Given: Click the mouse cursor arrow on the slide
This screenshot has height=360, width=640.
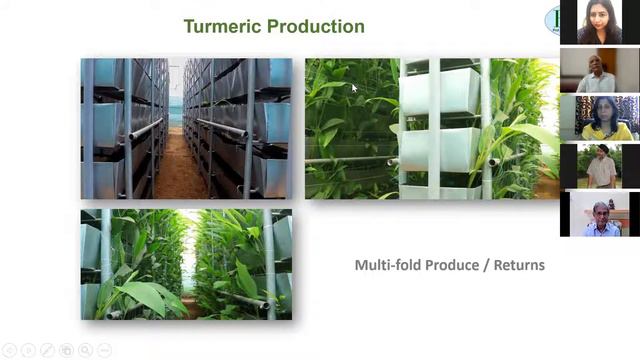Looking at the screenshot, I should point(354,88).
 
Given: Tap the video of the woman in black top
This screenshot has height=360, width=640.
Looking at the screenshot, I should point(599,22).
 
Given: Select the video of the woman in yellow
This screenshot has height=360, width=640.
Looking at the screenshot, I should point(599,118).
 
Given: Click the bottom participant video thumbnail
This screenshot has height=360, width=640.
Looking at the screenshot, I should point(599,214).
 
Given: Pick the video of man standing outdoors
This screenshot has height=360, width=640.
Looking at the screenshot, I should point(599,166).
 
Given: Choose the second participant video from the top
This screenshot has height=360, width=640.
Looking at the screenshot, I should point(599,70).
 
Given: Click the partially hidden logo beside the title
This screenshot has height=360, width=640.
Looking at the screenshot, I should point(552,20).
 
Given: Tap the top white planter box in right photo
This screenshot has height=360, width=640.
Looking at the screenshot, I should point(440,91).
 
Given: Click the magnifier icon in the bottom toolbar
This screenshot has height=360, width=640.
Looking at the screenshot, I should point(86,350).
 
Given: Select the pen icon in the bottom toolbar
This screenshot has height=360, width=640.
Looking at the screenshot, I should point(47,350).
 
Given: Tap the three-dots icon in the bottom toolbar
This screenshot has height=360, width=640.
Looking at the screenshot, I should point(105,350).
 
